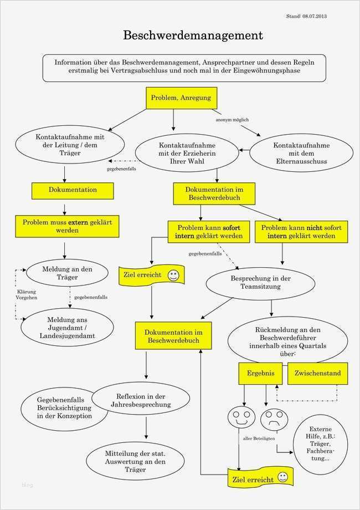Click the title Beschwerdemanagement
[192, 36]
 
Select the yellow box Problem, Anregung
[181, 98]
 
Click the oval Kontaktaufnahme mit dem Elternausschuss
[301, 154]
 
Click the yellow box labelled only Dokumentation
[73, 190]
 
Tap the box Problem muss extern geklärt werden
[67, 226]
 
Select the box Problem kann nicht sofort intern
[301, 232]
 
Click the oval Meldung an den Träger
[67, 273]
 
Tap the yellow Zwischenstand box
[318, 373]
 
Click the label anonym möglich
[232, 120]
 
